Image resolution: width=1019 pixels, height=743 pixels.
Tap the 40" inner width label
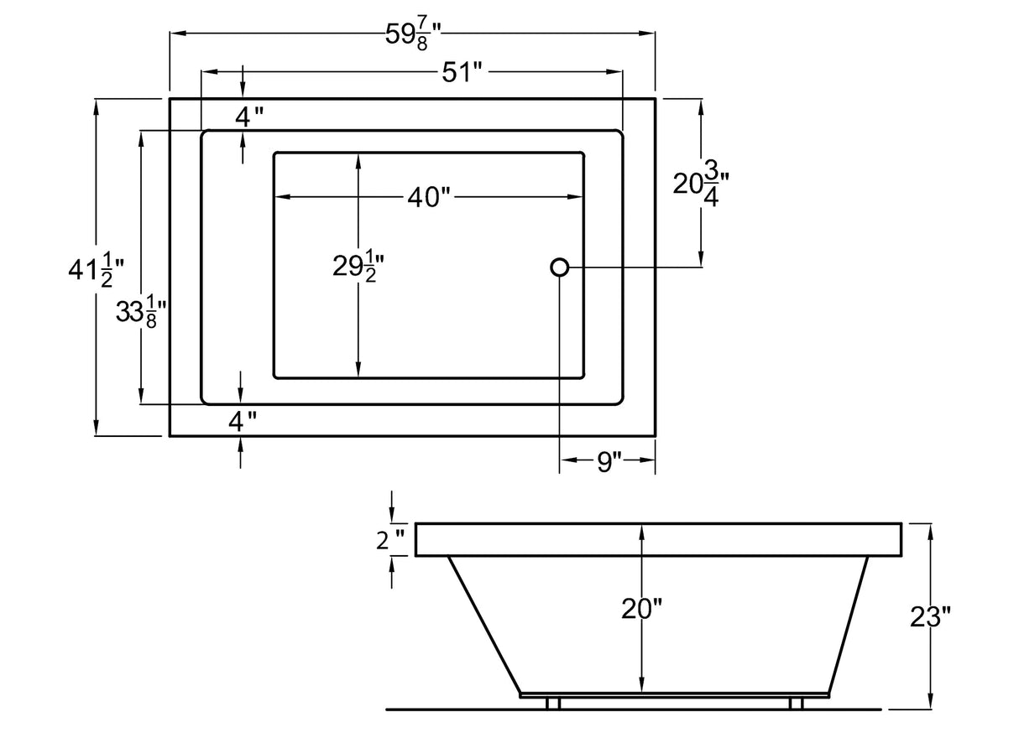pyautogui.click(x=429, y=198)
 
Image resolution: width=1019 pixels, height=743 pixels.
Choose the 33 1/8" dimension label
pyautogui.click(x=138, y=314)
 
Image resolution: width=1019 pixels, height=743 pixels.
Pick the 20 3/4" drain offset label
pyautogui.click(x=701, y=184)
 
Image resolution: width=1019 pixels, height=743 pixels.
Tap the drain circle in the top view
pyautogui.click(x=560, y=268)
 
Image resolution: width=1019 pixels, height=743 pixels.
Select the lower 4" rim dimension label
pyautogui.click(x=243, y=421)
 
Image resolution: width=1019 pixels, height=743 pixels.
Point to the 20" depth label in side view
pyautogui.click(x=642, y=610)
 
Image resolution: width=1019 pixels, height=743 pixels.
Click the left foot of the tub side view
pyautogui.click(x=553, y=703)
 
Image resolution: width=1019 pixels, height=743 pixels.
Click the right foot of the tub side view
pyautogui.click(x=797, y=703)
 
